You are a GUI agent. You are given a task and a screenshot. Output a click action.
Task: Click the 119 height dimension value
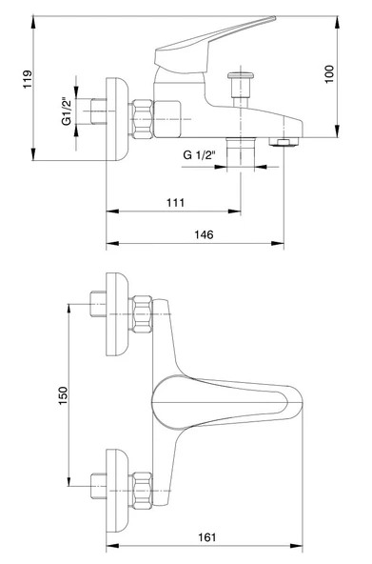[28, 79]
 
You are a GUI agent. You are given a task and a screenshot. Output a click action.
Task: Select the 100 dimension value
[329, 74]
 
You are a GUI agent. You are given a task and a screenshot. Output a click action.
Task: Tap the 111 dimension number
[176, 203]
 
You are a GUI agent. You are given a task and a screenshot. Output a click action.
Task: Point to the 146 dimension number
[204, 234]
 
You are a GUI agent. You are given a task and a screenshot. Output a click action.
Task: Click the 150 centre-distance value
[63, 395]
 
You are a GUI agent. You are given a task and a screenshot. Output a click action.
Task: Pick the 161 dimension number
[207, 537]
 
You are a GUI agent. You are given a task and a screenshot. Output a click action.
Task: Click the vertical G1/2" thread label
[67, 111]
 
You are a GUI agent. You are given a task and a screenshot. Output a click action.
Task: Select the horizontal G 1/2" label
[199, 155]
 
